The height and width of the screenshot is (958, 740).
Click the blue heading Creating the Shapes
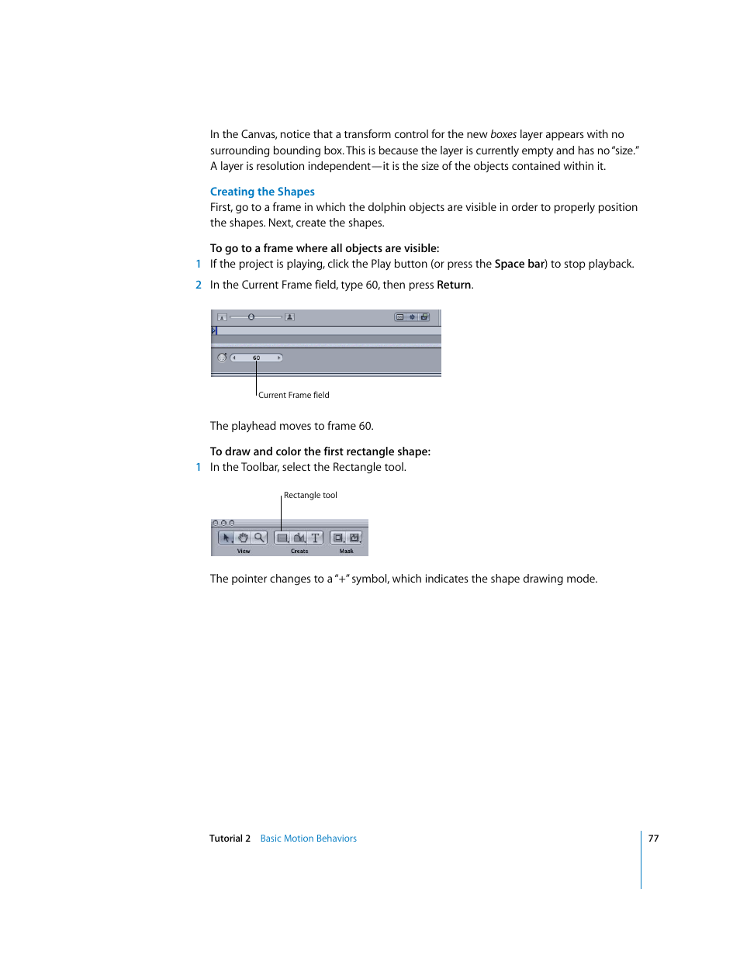[x=262, y=192]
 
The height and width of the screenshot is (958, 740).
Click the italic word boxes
[x=503, y=134]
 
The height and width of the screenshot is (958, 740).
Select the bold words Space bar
[x=519, y=264]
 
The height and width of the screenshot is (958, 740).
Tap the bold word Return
[x=454, y=285]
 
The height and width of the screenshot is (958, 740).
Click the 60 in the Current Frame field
[x=256, y=358]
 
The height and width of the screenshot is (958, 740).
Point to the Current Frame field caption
[x=293, y=395]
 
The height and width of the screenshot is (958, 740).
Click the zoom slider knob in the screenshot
[x=251, y=316]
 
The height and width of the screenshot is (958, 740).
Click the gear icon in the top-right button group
[x=412, y=316]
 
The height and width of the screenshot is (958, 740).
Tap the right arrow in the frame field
[x=278, y=358]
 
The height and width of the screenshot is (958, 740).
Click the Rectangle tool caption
[x=310, y=495]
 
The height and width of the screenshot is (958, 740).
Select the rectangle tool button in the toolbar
[x=282, y=538]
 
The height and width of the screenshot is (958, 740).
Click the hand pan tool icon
[x=243, y=538]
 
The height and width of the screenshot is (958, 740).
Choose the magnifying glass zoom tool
[x=259, y=538]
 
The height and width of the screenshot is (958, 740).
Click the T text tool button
[x=315, y=538]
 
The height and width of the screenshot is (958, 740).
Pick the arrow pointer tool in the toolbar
[x=226, y=538]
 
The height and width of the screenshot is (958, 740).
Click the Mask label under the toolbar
[x=346, y=551]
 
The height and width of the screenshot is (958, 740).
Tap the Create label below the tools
[x=299, y=551]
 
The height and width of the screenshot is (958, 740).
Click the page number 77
[x=653, y=839]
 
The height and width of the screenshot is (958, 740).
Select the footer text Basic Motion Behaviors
[x=308, y=839]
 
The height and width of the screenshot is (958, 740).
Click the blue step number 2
[x=199, y=285]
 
